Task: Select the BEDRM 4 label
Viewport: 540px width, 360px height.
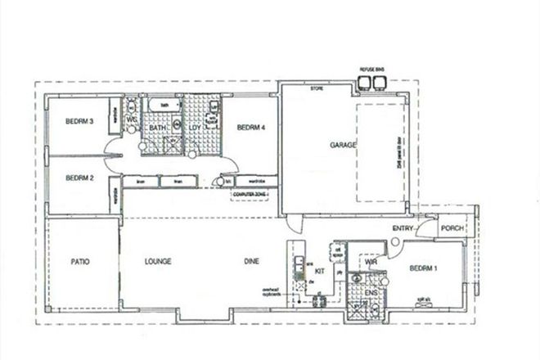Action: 250,128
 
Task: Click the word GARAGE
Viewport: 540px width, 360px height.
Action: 343,144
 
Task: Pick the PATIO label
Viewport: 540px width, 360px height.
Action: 79,262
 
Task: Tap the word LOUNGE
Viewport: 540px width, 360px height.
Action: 157,262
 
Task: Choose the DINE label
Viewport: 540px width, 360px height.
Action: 251,262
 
